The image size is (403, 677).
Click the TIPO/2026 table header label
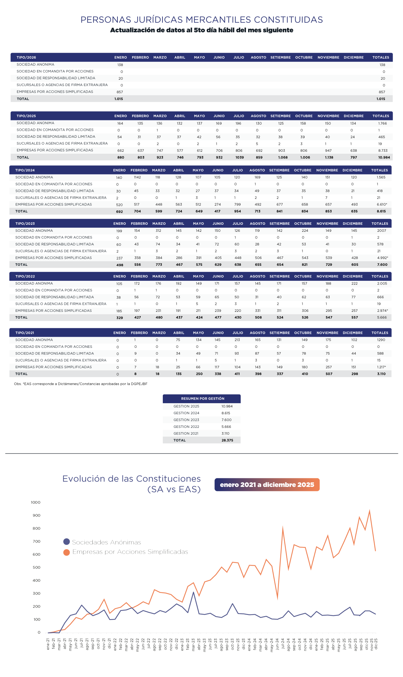click(x=26, y=58)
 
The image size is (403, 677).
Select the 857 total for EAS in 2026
click(x=382, y=92)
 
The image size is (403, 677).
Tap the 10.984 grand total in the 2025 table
click(x=384, y=157)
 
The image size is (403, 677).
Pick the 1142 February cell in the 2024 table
click(x=137, y=177)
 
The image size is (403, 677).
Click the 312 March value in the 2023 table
click(x=158, y=231)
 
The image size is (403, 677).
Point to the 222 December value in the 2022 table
click(x=354, y=283)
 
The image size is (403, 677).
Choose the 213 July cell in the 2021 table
click(x=238, y=340)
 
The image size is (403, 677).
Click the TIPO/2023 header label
click(x=25, y=224)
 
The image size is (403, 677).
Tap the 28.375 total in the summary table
click(x=227, y=441)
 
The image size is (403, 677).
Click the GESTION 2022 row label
click(x=186, y=427)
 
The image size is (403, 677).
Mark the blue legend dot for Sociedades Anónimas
click(x=66, y=542)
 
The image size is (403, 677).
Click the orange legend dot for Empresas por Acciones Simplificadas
click(x=66, y=552)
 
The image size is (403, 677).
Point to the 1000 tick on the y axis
click(x=35, y=503)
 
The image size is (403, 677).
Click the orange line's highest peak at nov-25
click(x=370, y=511)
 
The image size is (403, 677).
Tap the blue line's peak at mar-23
click(x=193, y=592)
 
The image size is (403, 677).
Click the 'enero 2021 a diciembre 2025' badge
click(x=267, y=485)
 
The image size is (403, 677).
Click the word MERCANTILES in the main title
click(x=218, y=20)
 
